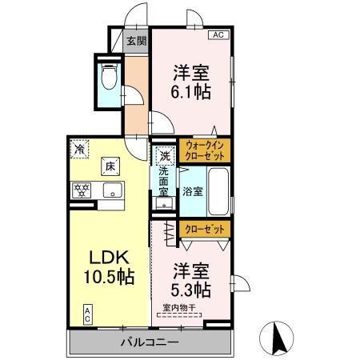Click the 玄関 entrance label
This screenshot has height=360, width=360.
(135, 40)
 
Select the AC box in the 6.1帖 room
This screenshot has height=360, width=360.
(218, 35)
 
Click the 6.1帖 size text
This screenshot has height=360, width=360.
(190, 92)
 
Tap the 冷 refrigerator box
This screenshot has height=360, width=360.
(80, 148)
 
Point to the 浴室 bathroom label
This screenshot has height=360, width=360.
(193, 191)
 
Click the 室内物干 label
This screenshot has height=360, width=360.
(178, 306)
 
